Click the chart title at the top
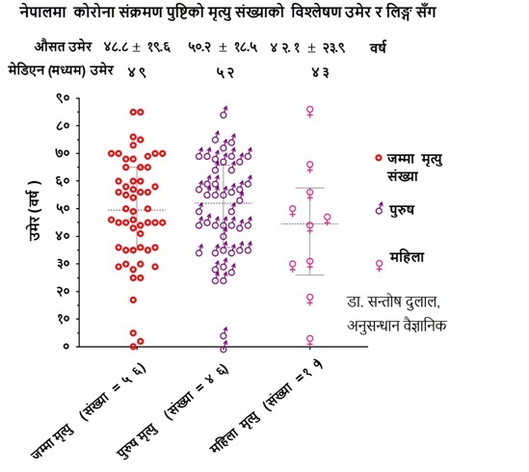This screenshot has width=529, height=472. [227, 13]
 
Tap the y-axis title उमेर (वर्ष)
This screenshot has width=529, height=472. [35, 211]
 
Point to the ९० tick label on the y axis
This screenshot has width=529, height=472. [63, 98]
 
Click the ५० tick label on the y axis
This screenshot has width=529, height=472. [63, 208]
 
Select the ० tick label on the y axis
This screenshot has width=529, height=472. [66, 347]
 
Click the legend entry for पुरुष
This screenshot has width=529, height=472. [394, 210]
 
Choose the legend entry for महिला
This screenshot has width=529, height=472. [400, 260]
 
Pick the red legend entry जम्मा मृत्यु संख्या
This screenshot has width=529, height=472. [409, 167]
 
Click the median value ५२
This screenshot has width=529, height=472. [225, 72]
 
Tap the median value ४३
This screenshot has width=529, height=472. [320, 72]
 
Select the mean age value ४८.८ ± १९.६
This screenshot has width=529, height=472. [138, 47]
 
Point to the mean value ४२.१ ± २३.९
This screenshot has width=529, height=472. [307, 47]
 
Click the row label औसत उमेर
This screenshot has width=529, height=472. [63, 46]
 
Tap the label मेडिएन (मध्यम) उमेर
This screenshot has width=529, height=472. [61, 71]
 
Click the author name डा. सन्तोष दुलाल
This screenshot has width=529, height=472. [393, 302]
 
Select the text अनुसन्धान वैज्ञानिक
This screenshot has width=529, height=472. [397, 326]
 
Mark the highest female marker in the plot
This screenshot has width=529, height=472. [309, 112]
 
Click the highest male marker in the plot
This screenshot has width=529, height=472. [224, 113]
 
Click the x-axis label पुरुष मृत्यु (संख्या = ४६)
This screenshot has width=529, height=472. [173, 412]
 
